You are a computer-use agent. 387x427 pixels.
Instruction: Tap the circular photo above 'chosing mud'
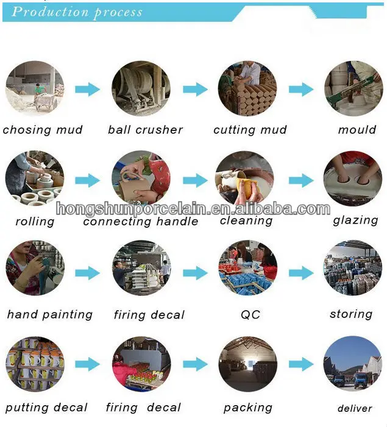[x=35, y=90]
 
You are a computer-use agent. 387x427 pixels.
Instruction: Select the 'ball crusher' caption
[x=145, y=130]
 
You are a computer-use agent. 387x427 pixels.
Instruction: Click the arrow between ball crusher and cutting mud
[x=195, y=90]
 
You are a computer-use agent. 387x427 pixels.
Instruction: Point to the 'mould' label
[x=357, y=130]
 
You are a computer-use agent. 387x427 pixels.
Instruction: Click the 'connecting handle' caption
[x=141, y=222]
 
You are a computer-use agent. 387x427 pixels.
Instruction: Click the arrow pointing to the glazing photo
[x=301, y=180]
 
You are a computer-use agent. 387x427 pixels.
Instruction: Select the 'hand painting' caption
[x=50, y=315]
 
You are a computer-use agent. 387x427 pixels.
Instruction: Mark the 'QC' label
[x=250, y=315]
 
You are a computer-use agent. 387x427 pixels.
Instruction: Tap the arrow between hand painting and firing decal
[x=87, y=273]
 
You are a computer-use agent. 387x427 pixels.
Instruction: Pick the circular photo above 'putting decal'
[x=35, y=365]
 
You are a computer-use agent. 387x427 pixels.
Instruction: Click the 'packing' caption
[x=248, y=408]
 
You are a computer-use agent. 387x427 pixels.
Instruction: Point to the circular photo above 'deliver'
[x=353, y=365]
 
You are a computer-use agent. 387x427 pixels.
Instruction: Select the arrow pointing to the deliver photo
[x=301, y=365]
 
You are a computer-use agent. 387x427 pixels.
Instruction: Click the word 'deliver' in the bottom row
[x=355, y=408]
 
